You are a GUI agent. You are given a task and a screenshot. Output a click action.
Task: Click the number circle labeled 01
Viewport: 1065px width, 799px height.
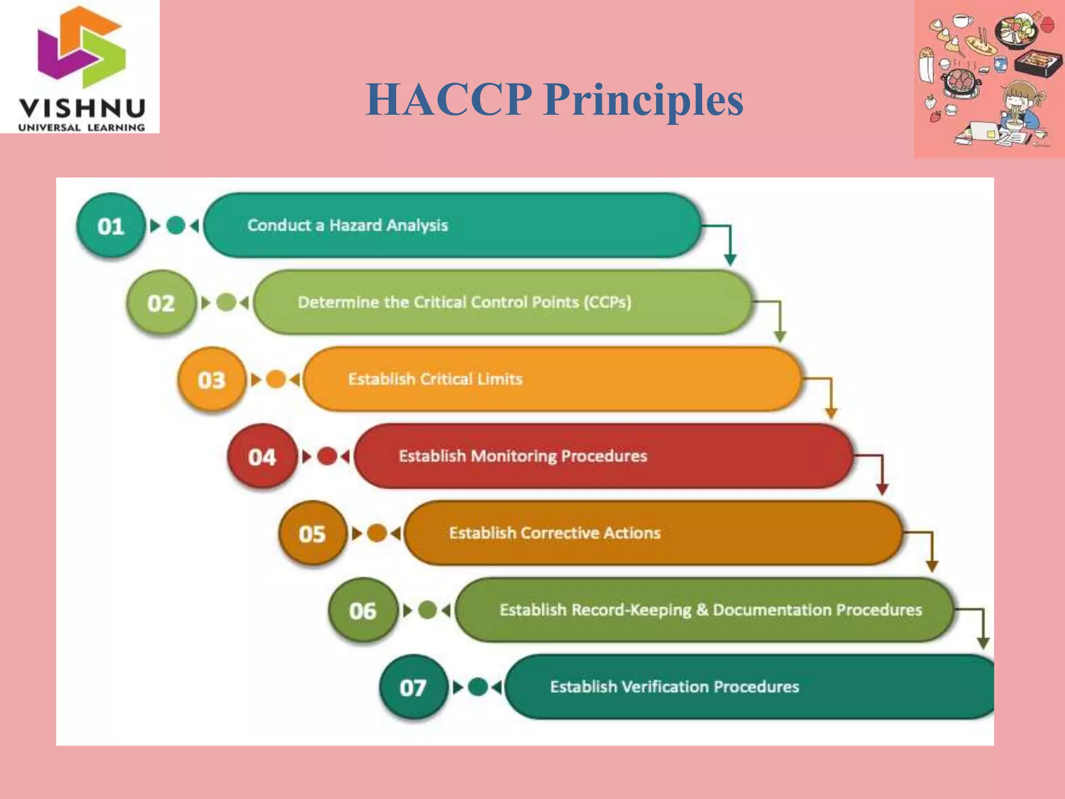coord(110,226)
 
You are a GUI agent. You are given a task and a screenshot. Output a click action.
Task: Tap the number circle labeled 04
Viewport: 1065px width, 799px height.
coord(262,457)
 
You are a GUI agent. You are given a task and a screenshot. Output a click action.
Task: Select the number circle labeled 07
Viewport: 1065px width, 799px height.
coord(413,688)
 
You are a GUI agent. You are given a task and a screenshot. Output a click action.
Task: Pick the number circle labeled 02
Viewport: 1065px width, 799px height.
coord(161,303)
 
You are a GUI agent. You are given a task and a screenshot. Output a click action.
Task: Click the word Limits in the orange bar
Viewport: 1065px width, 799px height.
coord(500,379)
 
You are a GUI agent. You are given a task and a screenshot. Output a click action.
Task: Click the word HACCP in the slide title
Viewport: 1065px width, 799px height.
coord(448,100)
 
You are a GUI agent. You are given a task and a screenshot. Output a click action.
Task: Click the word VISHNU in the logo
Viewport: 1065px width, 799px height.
coord(82,109)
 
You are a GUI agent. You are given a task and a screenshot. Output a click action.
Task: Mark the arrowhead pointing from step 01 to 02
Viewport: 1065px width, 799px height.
coord(730,260)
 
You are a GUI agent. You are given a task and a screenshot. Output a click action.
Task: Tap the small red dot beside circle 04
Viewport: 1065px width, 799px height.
coord(327,457)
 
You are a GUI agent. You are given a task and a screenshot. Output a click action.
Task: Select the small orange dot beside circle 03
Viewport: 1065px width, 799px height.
coord(276,380)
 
